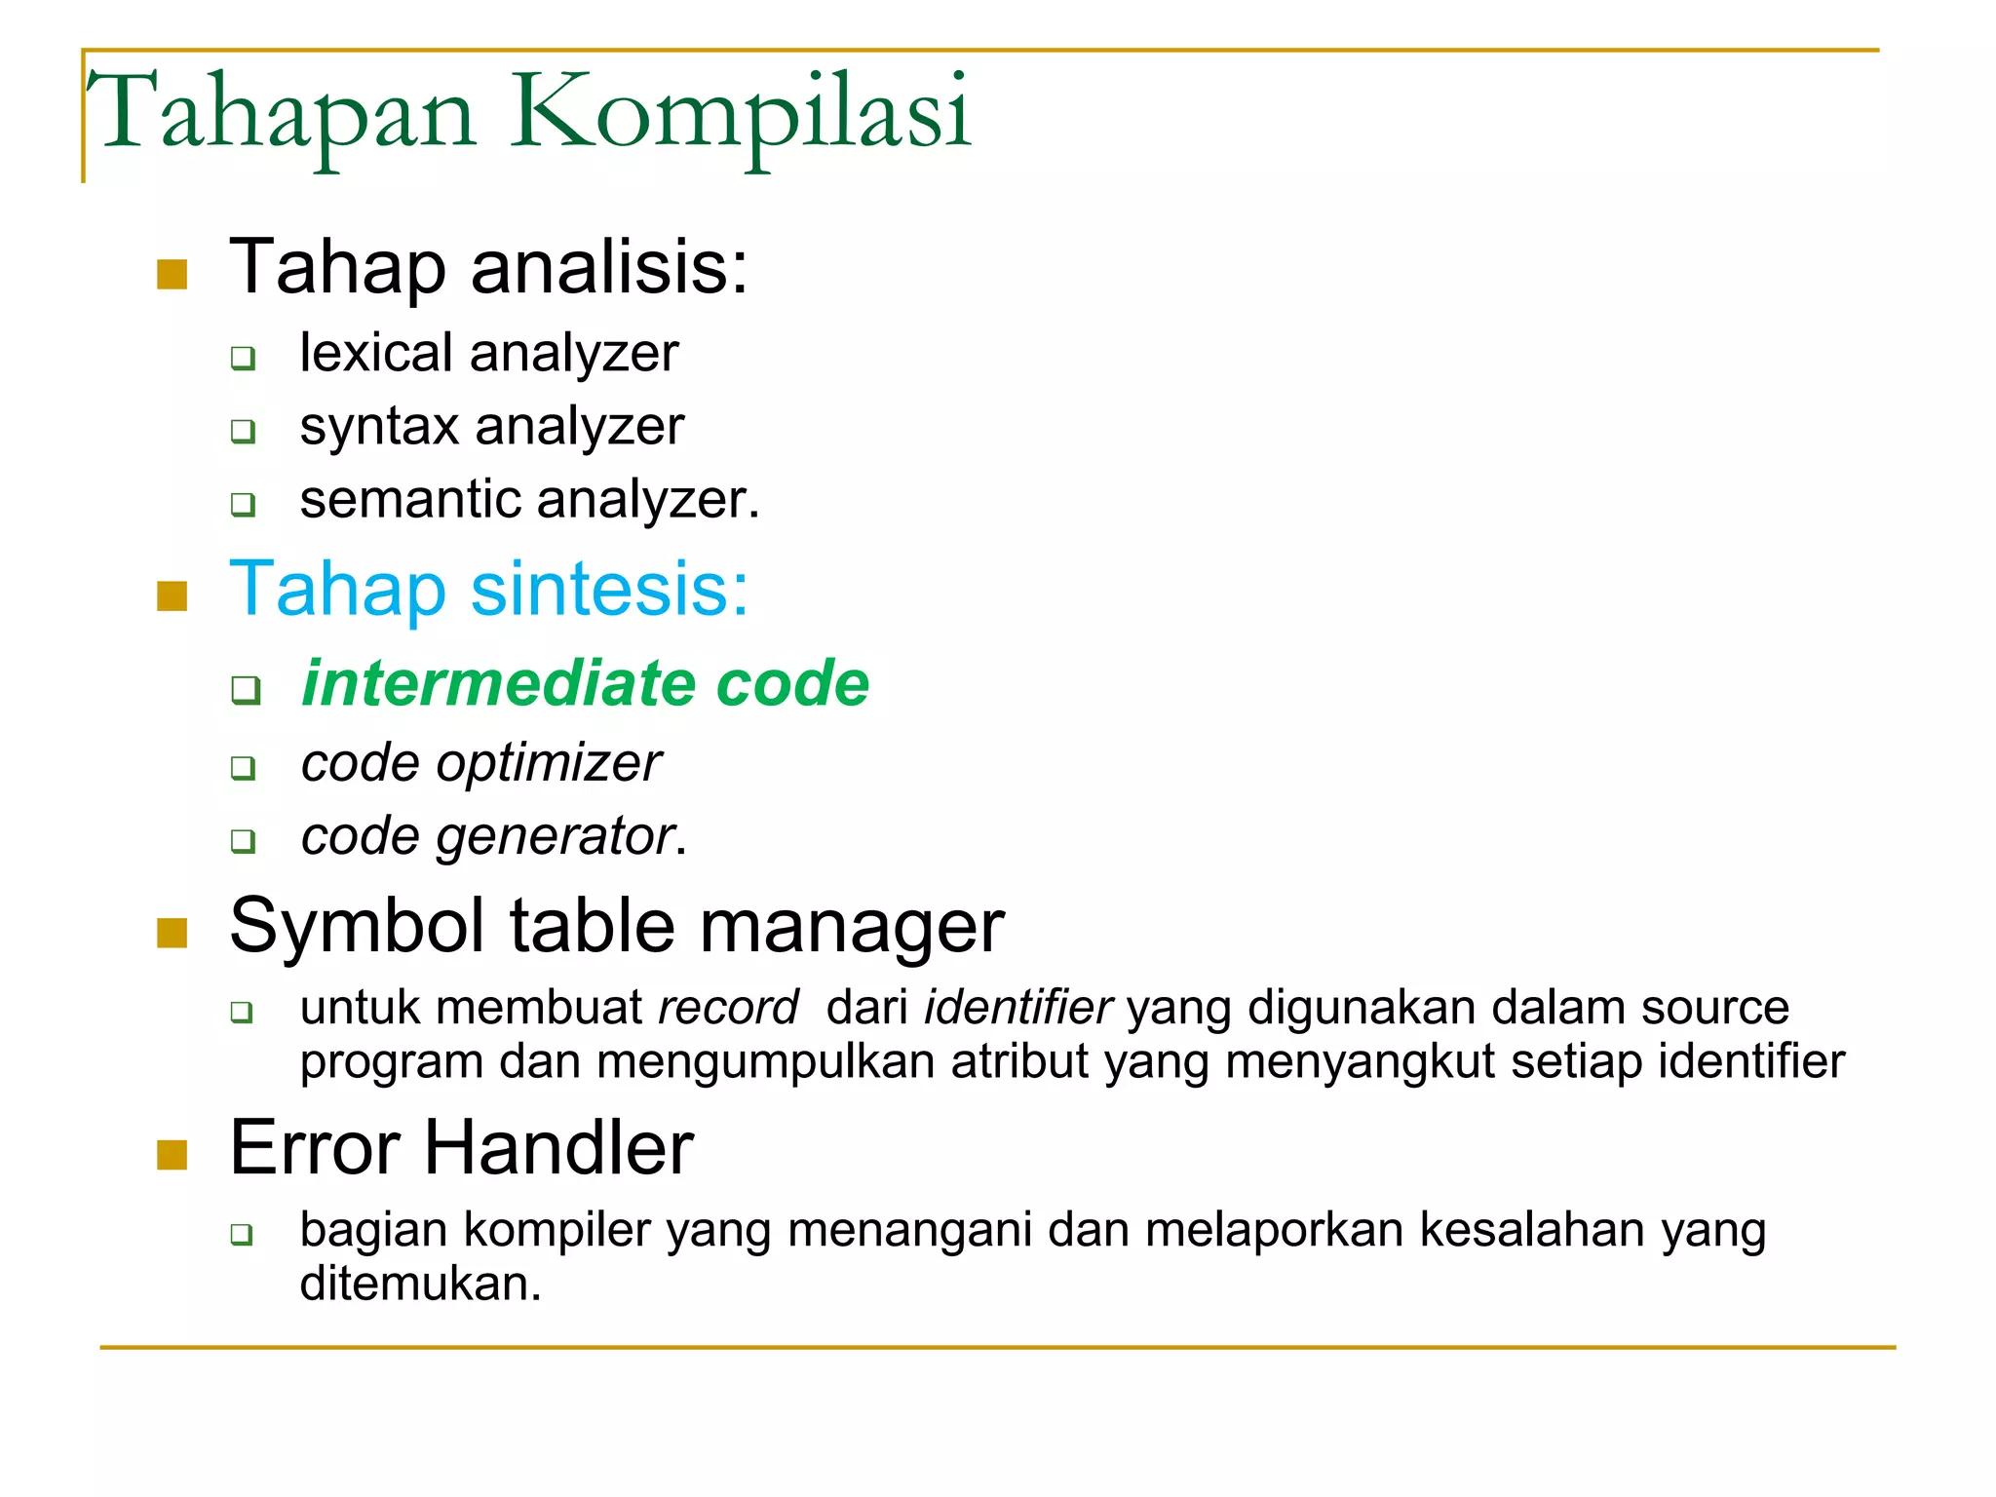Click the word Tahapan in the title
[283, 115]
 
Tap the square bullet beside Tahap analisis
[172, 274]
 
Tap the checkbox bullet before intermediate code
[246, 689]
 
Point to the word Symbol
[357, 926]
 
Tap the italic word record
[728, 1008]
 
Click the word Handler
[558, 1148]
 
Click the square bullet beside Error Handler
[172, 1155]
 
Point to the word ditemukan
[420, 1284]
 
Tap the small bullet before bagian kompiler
[242, 1235]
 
